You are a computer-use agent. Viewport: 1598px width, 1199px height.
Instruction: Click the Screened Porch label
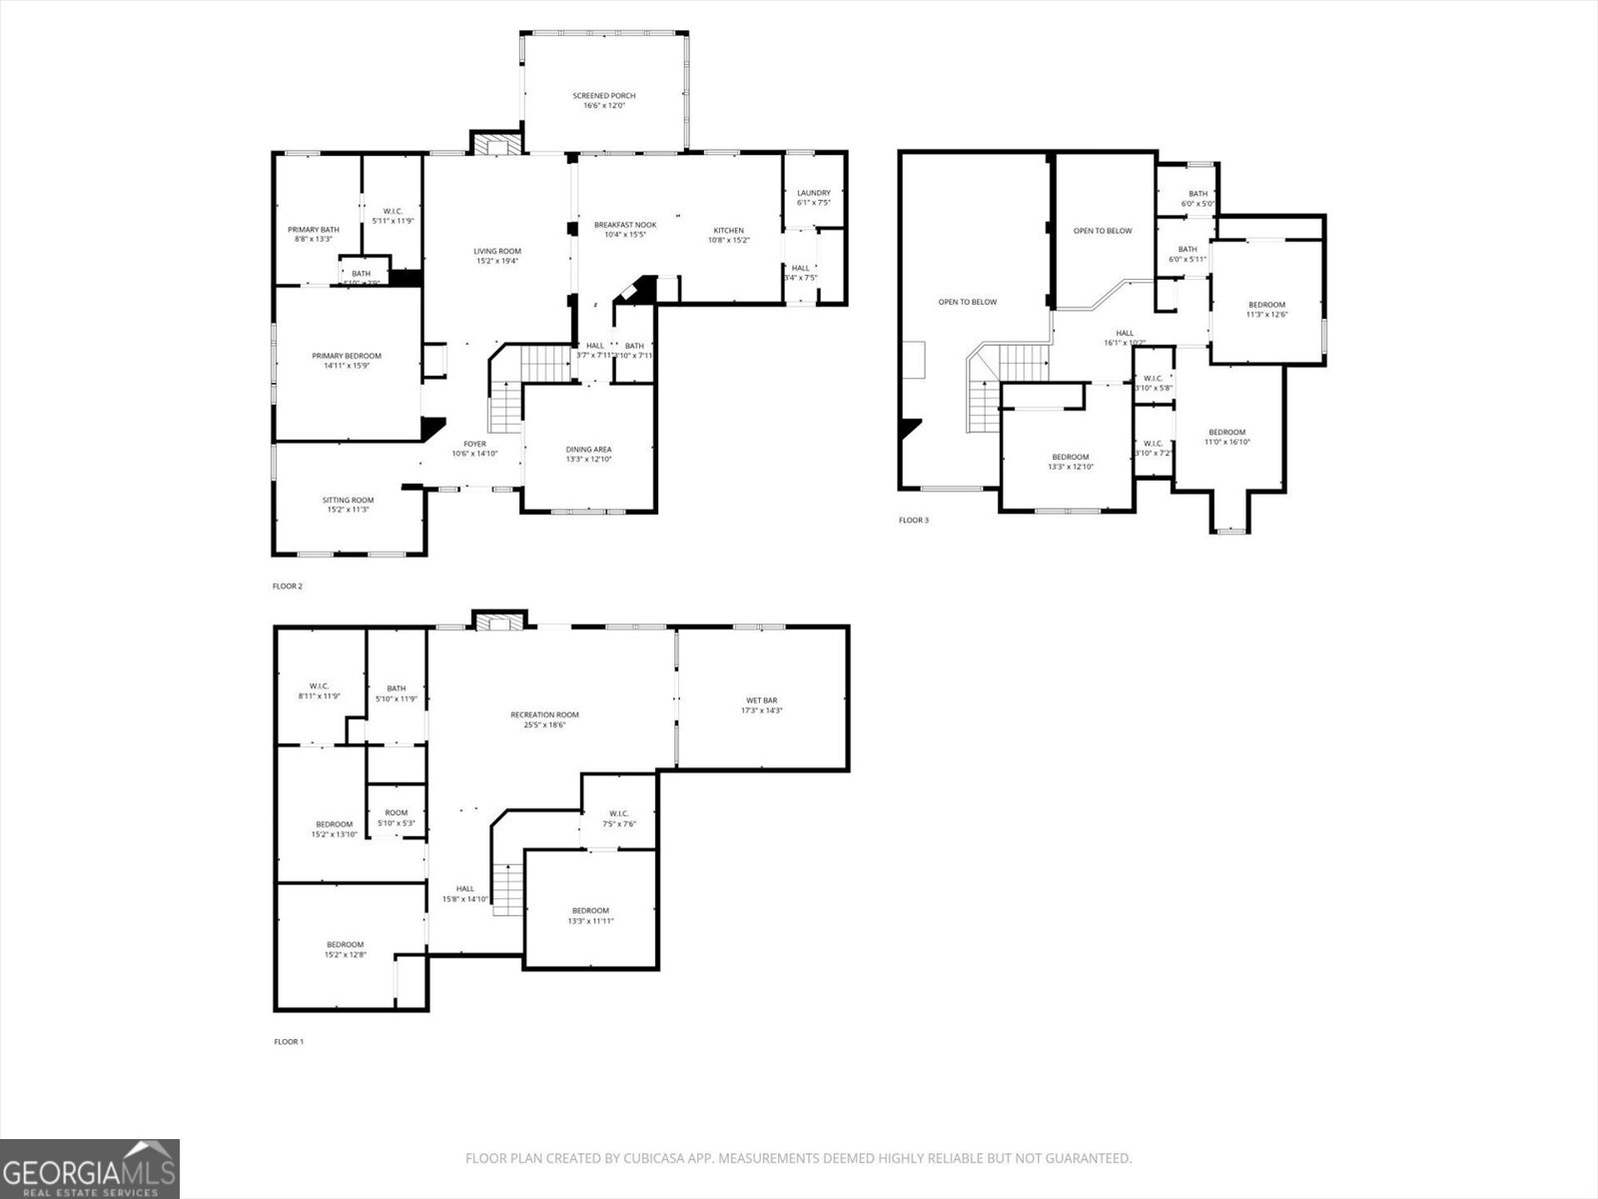click(603, 96)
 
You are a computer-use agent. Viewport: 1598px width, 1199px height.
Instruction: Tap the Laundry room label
click(813, 193)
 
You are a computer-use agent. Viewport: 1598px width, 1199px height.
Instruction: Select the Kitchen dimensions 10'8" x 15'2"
click(728, 241)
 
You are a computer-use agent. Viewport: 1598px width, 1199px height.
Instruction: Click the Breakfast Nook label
click(625, 225)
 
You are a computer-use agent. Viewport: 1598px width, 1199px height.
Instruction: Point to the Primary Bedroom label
click(346, 356)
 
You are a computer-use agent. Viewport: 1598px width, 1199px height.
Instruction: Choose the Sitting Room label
click(348, 500)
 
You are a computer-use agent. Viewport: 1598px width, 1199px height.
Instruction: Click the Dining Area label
click(588, 450)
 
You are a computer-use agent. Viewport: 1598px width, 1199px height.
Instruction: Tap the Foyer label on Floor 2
click(474, 444)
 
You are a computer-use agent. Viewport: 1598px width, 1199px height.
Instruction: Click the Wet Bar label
click(761, 700)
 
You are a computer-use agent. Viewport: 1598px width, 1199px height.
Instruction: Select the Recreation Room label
click(544, 714)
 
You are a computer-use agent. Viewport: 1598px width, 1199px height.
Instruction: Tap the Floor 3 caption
click(913, 520)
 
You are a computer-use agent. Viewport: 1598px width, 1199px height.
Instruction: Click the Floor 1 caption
click(289, 1041)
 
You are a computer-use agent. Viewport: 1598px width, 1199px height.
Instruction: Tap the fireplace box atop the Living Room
click(496, 146)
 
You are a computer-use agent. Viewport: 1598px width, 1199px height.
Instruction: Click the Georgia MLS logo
click(90, 1168)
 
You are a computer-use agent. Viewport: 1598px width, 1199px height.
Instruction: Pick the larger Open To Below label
click(967, 302)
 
